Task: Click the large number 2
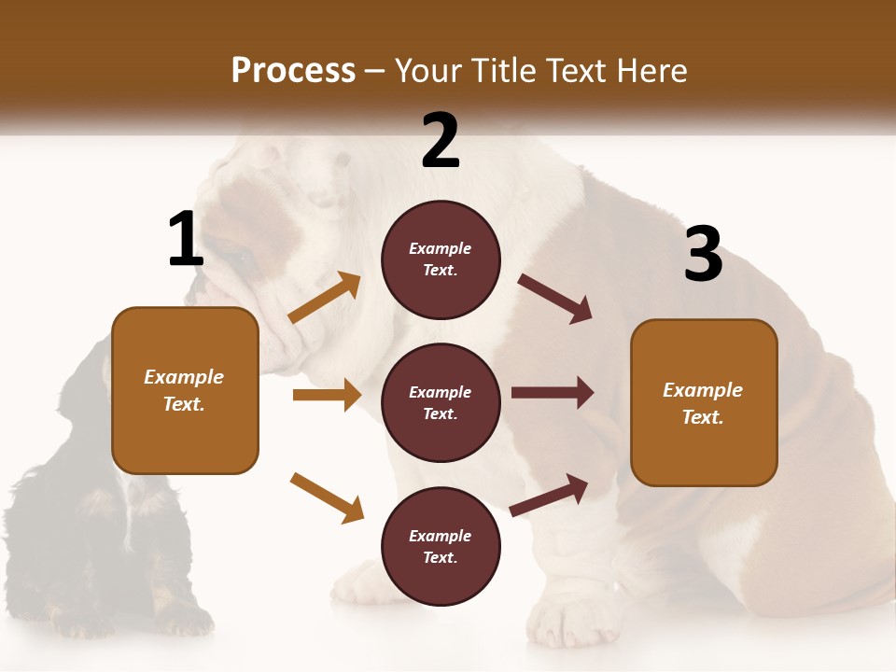pos(441,141)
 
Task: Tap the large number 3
pos(703,255)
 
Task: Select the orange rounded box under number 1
pos(185,390)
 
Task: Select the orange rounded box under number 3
pos(704,402)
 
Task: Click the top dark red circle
pos(441,259)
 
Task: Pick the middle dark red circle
pos(441,402)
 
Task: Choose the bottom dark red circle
pos(441,546)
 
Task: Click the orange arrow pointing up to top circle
pos(325,298)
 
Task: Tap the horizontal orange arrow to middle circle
pos(327,395)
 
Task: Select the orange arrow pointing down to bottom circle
pos(327,497)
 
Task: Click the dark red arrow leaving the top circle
pos(555,299)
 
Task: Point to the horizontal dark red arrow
pos(553,393)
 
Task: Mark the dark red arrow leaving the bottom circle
pos(549,496)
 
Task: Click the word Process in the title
pos(293,70)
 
